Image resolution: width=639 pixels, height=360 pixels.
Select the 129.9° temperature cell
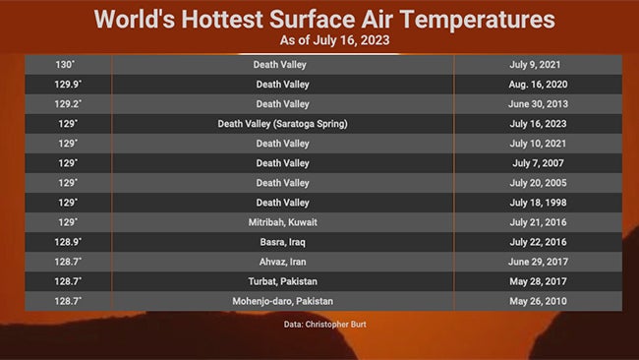click(67, 84)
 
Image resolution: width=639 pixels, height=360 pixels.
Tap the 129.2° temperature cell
click(67, 103)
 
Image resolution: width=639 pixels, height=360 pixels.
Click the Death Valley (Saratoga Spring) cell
click(282, 123)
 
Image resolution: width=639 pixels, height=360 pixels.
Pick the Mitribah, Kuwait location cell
click(282, 222)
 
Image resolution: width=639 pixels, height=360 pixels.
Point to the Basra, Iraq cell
click(282, 242)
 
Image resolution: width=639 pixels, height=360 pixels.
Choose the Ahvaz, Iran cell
click(282, 262)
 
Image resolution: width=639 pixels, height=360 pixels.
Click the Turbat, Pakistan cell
click(282, 281)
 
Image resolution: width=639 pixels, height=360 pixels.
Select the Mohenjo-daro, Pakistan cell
click(282, 301)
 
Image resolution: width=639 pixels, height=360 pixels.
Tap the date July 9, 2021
click(534, 64)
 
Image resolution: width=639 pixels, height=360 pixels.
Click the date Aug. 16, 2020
click(534, 84)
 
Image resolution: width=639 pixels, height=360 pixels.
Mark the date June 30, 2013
click(534, 103)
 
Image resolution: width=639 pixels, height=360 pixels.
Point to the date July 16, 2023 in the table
click(534, 123)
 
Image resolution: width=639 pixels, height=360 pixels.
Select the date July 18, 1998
click(534, 203)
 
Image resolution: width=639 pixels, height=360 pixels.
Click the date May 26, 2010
click(534, 301)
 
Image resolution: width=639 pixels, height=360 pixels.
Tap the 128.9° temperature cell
click(67, 242)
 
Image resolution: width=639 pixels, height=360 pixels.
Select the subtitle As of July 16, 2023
click(319, 40)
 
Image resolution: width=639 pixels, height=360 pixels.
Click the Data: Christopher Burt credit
click(319, 323)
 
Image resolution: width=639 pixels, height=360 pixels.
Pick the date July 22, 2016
click(534, 242)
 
